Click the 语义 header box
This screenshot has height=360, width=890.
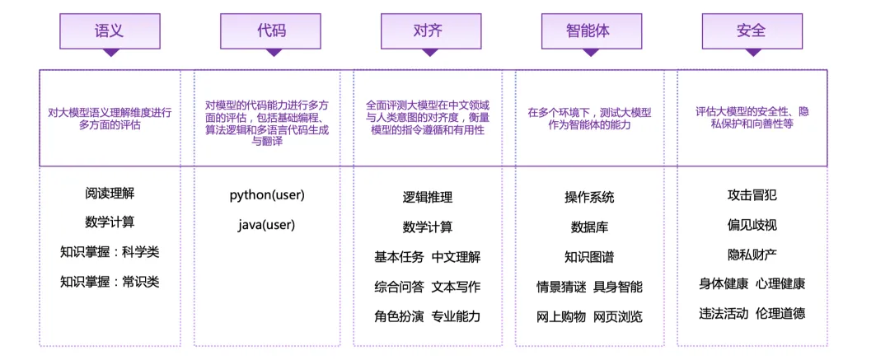(109, 31)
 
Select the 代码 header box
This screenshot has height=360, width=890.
(271, 31)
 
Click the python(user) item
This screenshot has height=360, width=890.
(267, 195)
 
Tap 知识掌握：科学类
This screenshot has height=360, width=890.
(110, 252)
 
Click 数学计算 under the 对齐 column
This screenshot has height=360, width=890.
(428, 227)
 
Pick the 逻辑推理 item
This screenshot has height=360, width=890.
(428, 198)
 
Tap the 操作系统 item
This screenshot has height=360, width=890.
(589, 198)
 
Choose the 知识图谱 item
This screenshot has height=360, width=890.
(589, 257)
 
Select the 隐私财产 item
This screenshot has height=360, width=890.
(752, 254)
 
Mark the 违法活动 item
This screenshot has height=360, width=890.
(723, 313)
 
